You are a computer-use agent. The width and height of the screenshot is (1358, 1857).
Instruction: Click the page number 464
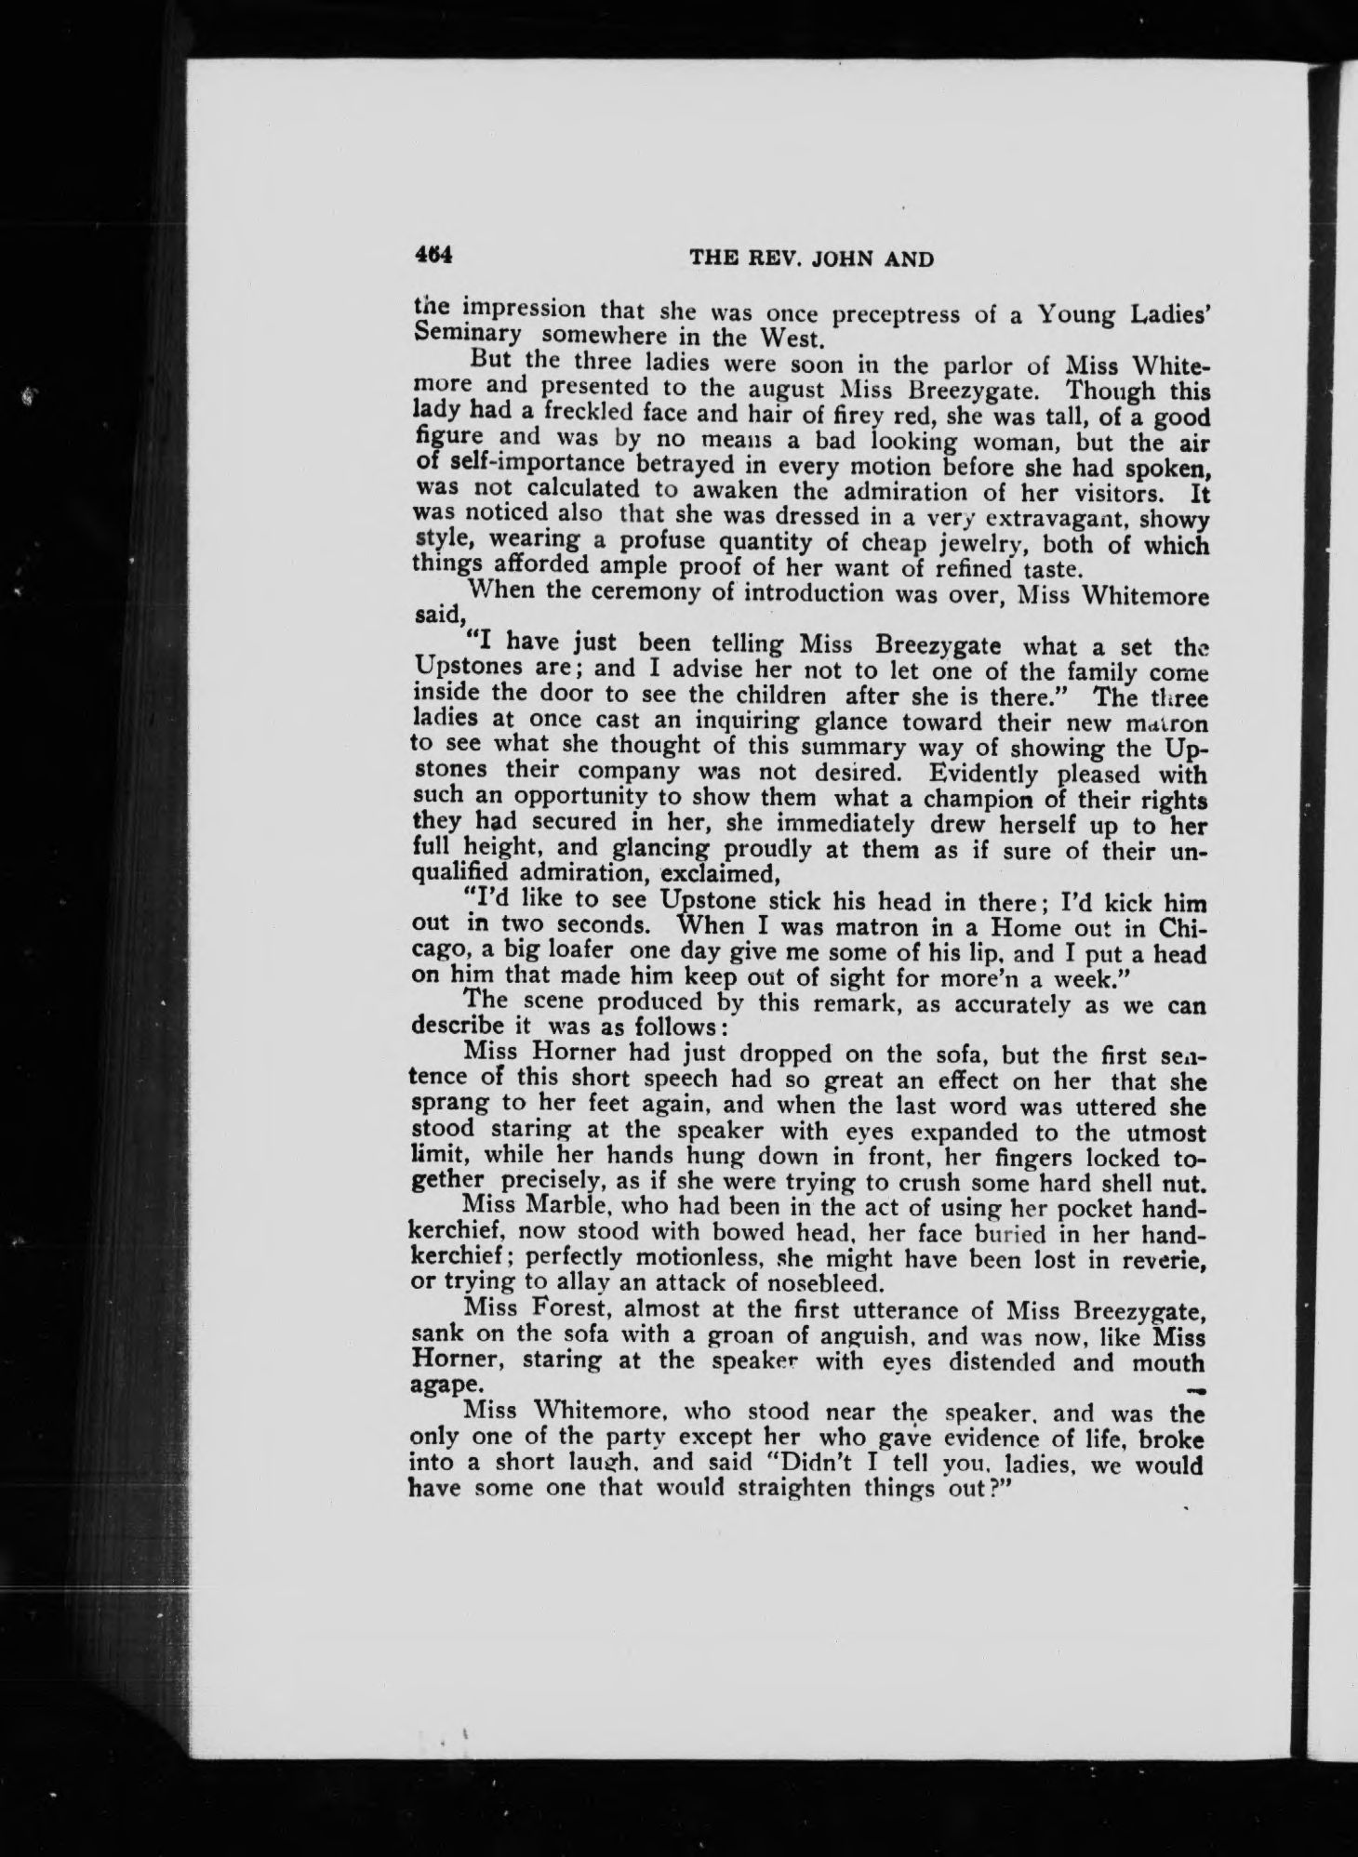tap(433, 255)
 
